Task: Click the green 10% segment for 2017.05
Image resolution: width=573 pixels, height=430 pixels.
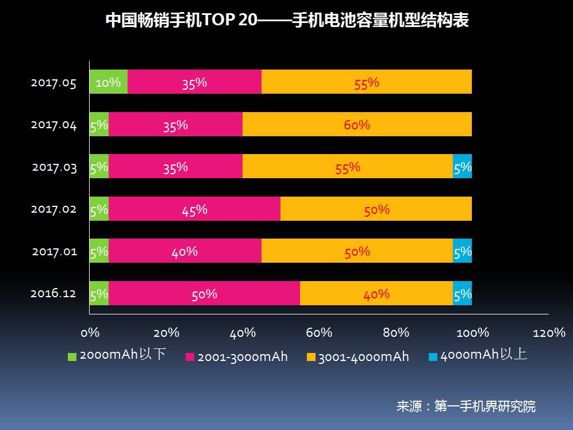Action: pos(108,82)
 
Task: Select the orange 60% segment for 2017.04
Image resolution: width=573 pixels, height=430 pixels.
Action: pos(357,124)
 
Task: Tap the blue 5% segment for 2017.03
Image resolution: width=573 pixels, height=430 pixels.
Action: pos(462,166)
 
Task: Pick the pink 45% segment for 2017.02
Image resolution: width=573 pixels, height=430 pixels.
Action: pos(194,209)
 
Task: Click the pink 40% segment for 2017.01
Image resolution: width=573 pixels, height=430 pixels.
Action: pos(184,251)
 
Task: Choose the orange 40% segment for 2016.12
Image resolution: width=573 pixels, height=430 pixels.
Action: pos(376,293)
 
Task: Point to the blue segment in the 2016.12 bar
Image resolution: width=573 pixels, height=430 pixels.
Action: pos(462,293)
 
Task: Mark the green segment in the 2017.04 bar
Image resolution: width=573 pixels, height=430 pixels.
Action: pos(99,124)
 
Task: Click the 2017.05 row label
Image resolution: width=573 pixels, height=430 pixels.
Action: pos(53,83)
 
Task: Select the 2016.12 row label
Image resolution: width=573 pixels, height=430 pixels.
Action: pos(53,294)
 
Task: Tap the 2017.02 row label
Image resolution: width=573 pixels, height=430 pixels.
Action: pos(53,209)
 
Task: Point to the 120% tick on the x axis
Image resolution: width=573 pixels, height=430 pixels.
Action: pos(549,333)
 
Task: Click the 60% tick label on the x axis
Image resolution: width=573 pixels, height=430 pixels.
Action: pos(319,333)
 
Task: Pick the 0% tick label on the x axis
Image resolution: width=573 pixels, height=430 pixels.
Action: pos(90,333)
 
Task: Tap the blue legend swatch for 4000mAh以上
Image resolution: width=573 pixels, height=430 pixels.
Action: pos(433,356)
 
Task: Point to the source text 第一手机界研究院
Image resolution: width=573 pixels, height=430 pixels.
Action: pos(485,406)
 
